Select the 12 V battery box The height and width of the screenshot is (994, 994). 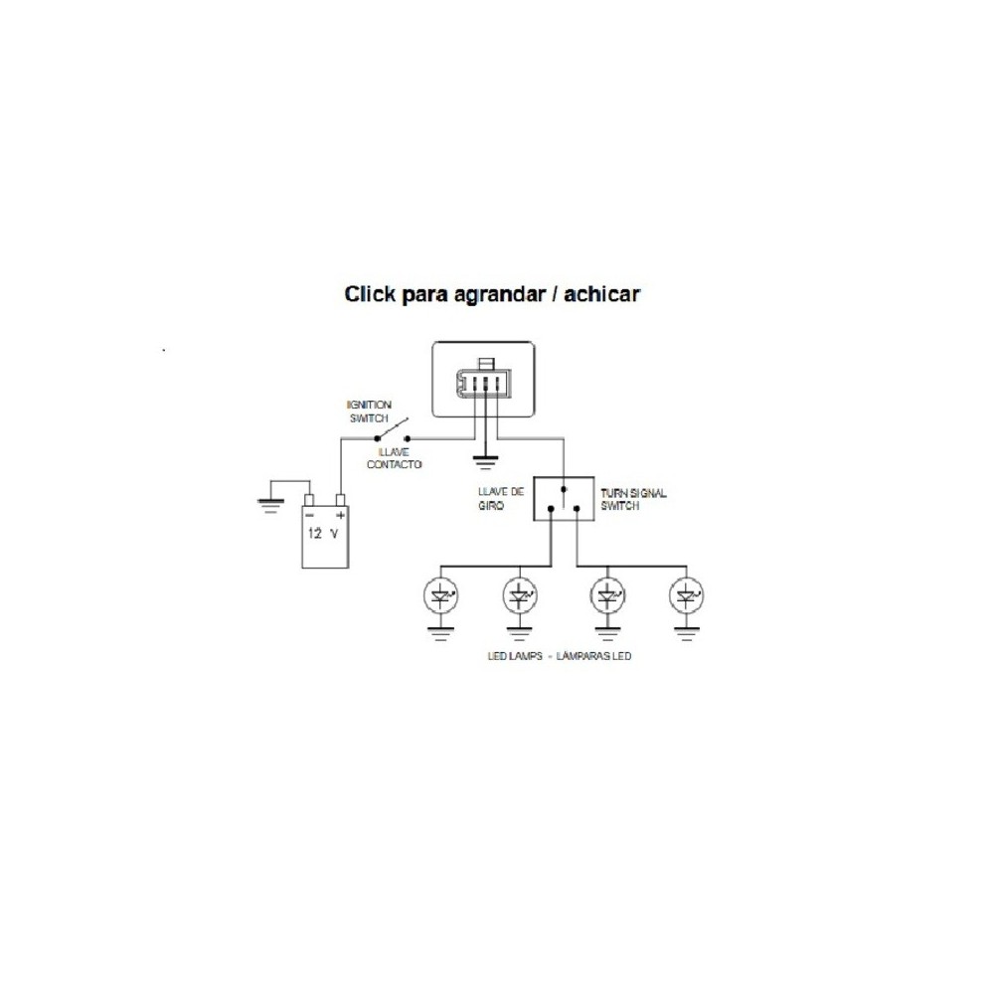click(326, 538)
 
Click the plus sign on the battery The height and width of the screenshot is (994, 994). click(340, 516)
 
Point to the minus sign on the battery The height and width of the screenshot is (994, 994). click(310, 516)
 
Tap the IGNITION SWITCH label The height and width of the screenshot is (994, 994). click(369, 413)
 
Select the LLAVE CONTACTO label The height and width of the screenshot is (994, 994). click(394, 458)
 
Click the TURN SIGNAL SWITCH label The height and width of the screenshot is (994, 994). click(633, 499)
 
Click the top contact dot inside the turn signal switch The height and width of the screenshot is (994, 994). click(564, 489)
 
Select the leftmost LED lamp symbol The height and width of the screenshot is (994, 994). click(441, 596)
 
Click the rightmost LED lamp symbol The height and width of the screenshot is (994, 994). click(684, 596)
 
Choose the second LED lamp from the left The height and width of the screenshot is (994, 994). click(518, 596)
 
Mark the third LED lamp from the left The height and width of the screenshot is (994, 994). click(607, 596)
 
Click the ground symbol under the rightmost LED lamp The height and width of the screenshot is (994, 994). click(684, 632)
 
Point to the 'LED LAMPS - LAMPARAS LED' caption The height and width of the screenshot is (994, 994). click(560, 657)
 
